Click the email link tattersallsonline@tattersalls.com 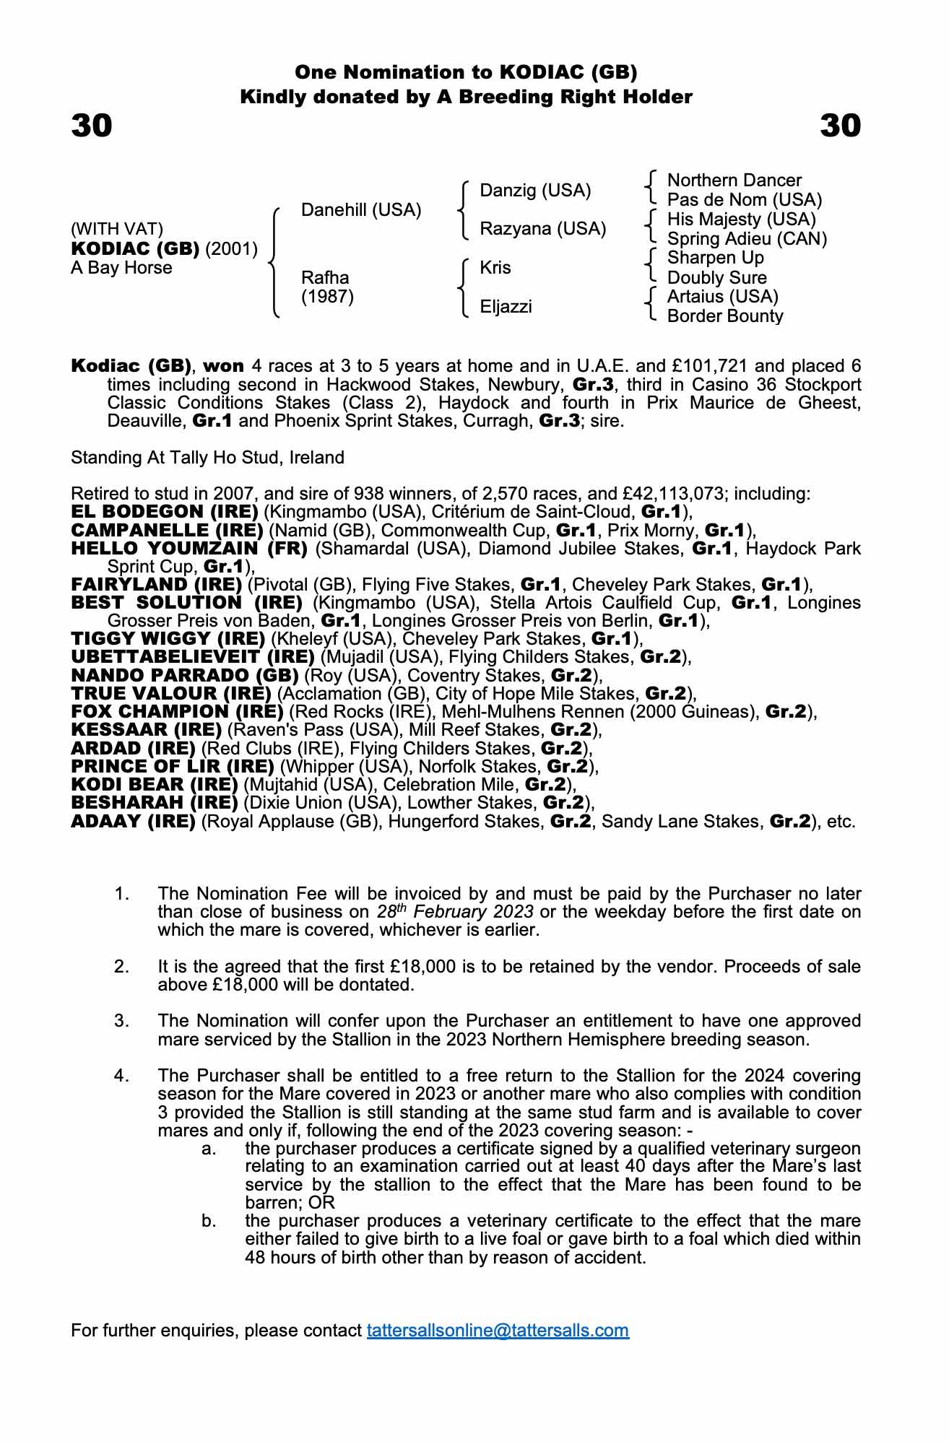498,1331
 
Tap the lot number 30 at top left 92,126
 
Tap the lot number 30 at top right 840,126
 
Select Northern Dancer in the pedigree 734,180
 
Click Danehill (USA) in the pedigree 360,210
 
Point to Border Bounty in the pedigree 724,316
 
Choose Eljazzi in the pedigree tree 506,307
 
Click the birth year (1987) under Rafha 327,297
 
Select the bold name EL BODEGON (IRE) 165,512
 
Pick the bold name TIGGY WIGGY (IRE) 168,639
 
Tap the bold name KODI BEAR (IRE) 155,785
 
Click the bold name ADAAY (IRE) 133,822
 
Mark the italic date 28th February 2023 455,912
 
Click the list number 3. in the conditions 121,1021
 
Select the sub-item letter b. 209,1221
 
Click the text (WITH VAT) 117,229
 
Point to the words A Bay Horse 121,268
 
